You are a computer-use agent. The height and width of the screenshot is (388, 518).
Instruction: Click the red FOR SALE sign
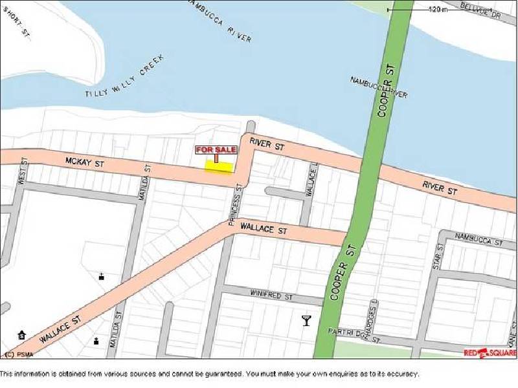coord(216,150)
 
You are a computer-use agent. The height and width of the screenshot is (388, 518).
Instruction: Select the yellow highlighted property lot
coord(219,166)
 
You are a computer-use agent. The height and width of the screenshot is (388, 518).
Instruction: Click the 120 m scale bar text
coord(438,10)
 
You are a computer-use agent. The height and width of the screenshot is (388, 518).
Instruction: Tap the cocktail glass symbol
coord(306,320)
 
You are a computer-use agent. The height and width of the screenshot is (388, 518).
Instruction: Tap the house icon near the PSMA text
coord(22,334)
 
